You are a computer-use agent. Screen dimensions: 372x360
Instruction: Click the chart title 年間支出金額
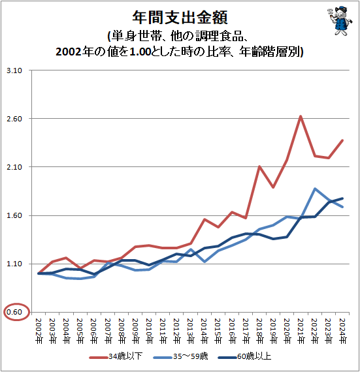click(x=180, y=15)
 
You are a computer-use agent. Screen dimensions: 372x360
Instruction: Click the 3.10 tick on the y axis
click(x=14, y=70)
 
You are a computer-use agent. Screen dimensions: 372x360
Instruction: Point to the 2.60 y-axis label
click(x=14, y=119)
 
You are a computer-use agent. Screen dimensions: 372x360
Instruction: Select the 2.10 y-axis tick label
click(x=14, y=167)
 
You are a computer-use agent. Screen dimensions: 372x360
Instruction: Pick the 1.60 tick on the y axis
click(x=14, y=215)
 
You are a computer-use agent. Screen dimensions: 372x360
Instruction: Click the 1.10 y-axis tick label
click(x=14, y=264)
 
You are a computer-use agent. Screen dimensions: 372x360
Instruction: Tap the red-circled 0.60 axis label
click(x=14, y=312)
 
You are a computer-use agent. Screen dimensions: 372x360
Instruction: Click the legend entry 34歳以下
click(x=121, y=356)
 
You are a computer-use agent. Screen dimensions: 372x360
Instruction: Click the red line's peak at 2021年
click(x=300, y=117)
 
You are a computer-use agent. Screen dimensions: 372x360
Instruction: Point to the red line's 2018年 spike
click(x=260, y=166)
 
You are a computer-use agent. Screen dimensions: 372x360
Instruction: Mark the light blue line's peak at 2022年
click(x=315, y=189)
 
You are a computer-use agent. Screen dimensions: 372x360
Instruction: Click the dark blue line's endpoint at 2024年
click(x=342, y=198)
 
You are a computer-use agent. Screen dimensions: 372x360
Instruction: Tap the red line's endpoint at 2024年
click(x=342, y=140)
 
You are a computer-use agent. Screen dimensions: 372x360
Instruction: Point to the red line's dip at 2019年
click(x=273, y=187)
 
